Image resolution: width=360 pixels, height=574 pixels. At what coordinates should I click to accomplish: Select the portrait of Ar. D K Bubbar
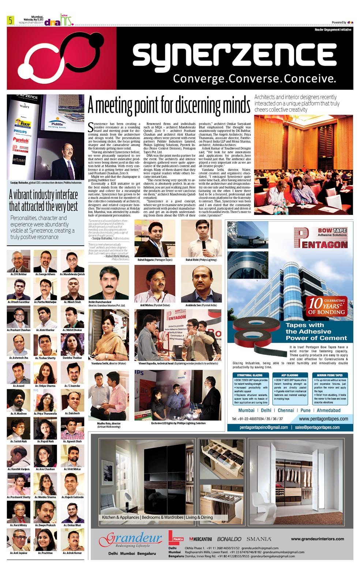coord(18,261)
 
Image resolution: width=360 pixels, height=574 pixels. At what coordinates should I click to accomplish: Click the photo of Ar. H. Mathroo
coord(18,400)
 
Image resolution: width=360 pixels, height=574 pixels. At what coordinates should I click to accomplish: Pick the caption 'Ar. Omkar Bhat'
coord(72,525)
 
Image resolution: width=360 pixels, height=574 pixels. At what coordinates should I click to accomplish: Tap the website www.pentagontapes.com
coord(323,419)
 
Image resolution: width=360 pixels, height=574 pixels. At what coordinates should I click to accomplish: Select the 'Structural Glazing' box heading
coord(250,375)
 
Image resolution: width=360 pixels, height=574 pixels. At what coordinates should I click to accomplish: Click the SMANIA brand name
coord(259,539)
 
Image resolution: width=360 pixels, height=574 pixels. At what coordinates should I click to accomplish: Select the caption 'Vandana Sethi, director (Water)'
coord(108,364)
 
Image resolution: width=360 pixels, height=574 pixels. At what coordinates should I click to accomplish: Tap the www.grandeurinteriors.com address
coord(317,539)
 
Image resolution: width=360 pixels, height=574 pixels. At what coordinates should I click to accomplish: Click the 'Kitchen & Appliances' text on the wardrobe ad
coord(120,517)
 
